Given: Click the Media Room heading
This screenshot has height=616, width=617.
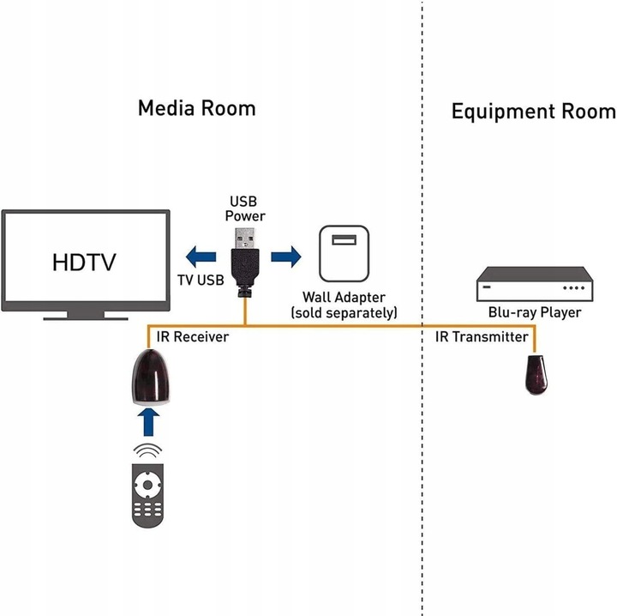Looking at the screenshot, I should [196, 108].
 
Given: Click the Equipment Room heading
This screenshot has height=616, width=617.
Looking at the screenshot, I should [533, 112].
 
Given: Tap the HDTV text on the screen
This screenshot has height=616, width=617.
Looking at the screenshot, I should [84, 260].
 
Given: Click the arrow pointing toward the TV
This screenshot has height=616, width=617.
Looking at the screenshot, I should [201, 256].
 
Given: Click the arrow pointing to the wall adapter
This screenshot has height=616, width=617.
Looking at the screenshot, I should [285, 256].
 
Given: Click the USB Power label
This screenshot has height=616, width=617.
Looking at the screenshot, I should [245, 208].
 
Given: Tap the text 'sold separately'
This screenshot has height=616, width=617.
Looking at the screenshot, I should [344, 313].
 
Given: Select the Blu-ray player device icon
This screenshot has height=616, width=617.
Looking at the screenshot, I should [535, 282].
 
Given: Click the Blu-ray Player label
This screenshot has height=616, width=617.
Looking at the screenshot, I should [535, 312].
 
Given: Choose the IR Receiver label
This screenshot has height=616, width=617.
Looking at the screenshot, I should [192, 337].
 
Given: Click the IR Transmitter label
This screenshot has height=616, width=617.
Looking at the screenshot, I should [482, 337].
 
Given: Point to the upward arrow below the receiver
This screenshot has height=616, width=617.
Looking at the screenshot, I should [150, 421].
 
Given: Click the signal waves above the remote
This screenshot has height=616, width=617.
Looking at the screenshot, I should [149, 451].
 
